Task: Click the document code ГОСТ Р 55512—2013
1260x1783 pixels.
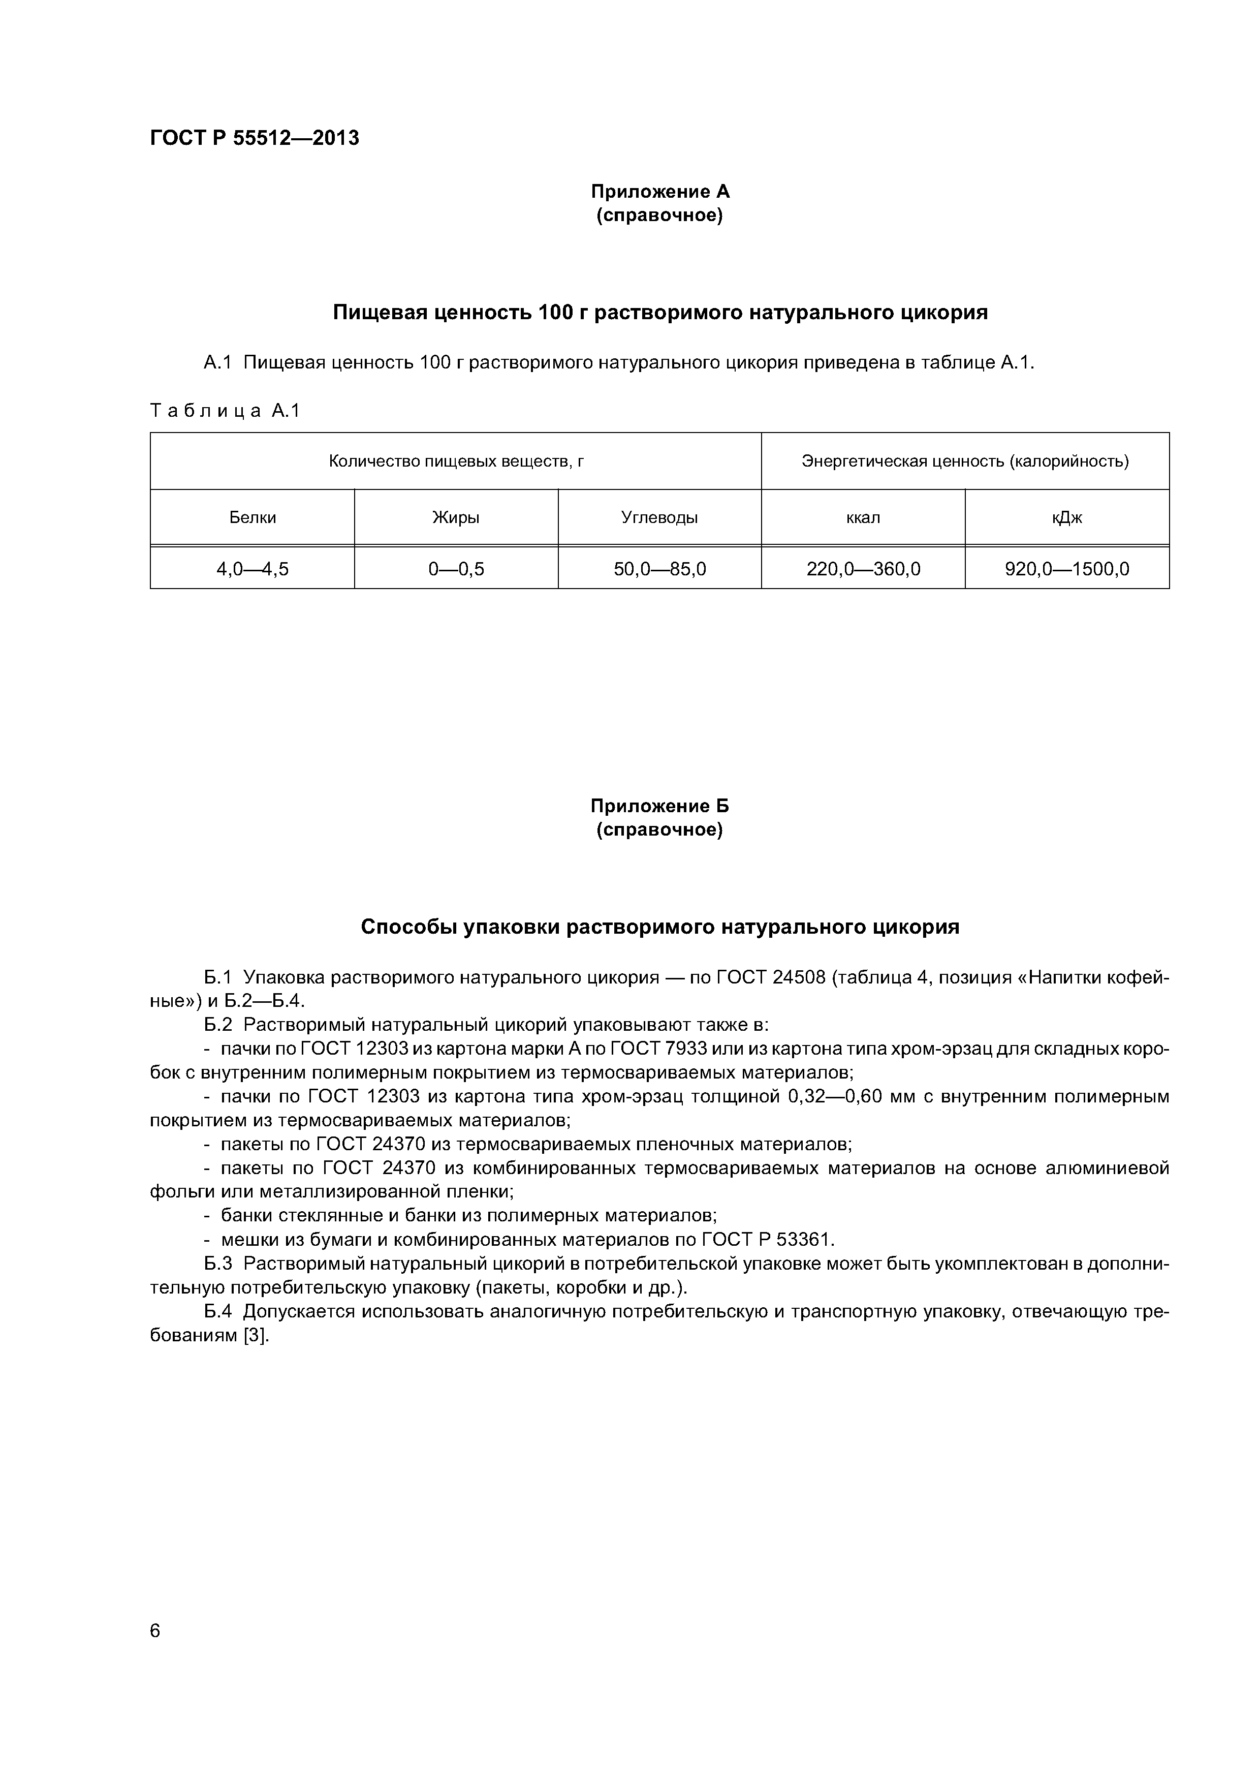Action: point(254,138)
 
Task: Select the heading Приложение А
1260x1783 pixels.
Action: point(660,191)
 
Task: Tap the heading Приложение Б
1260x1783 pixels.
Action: point(660,806)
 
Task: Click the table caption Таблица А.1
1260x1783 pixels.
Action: point(225,411)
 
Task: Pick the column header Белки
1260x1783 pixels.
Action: point(253,518)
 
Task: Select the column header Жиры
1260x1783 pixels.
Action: point(456,518)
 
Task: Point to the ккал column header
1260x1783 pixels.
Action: point(863,518)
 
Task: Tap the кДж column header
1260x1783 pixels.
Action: point(1067,518)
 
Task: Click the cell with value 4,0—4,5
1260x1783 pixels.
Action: point(253,569)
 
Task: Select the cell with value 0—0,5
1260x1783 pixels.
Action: point(456,569)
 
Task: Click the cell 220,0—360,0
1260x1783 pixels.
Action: point(863,569)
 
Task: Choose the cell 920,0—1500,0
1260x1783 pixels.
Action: point(1067,569)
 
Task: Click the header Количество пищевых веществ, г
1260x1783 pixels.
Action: point(456,462)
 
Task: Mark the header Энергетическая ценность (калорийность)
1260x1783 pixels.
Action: point(965,462)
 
